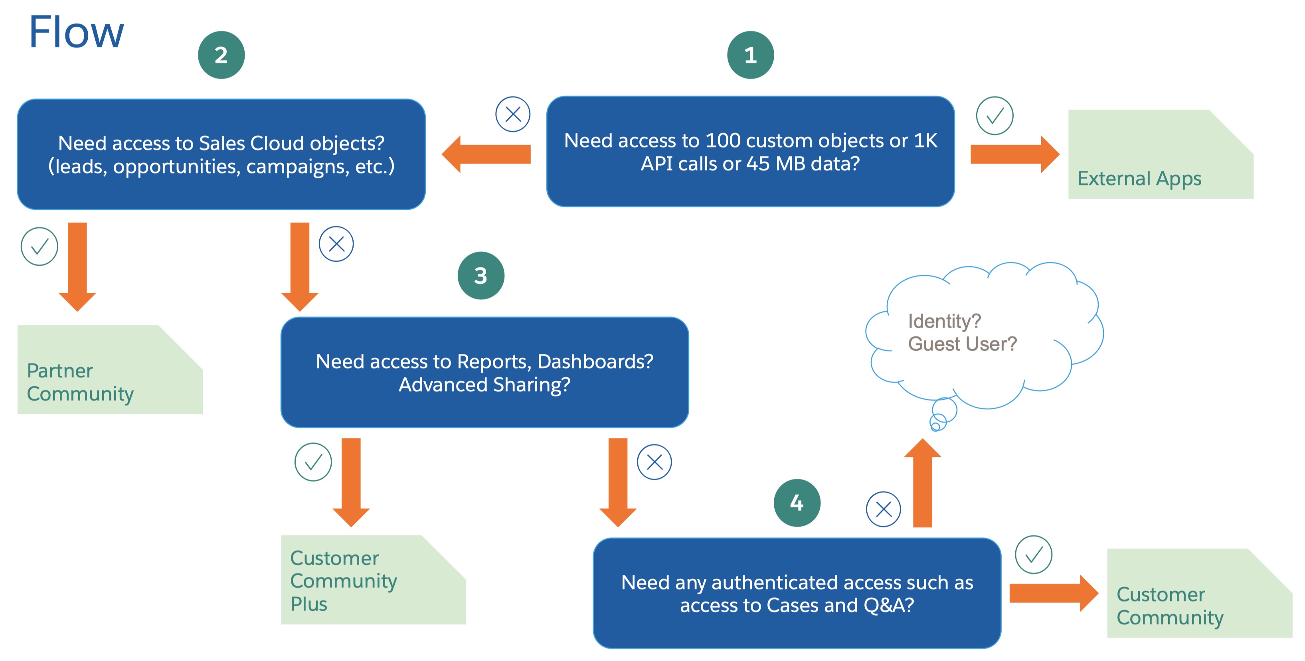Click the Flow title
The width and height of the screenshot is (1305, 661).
pos(76,32)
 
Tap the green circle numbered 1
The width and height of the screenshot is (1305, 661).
pos(750,55)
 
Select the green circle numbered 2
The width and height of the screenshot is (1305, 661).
pos(221,55)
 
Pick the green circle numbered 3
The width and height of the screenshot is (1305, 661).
pos(480,276)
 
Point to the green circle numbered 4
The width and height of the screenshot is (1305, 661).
pos(797,503)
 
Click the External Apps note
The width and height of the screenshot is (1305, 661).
pos(1160,154)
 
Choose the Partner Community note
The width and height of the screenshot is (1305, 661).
pos(109,370)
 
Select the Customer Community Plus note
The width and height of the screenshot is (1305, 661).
pos(373,580)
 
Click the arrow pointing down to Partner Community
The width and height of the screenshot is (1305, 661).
pos(77,266)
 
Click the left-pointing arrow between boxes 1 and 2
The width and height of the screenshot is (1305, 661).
pos(486,154)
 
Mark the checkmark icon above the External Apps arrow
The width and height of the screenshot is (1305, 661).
pos(995,115)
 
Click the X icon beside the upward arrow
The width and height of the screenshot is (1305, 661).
pos(883,509)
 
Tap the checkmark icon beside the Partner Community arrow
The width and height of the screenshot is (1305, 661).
pos(39,247)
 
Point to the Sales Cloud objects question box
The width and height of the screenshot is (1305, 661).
pos(221,154)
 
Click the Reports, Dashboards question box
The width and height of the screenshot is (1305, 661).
pos(484,372)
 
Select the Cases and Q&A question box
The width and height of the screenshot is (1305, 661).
pos(797,593)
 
